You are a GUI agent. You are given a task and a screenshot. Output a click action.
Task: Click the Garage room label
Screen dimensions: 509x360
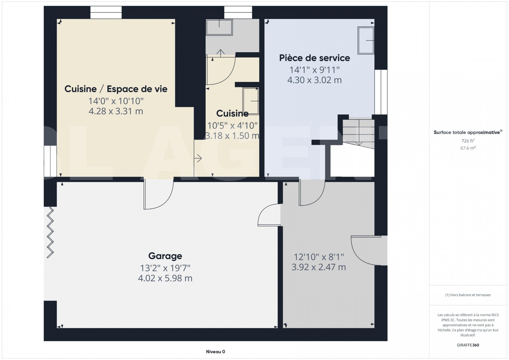click(x=165, y=256)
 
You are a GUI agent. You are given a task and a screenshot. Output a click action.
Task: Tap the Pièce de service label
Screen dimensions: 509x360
click(x=315, y=58)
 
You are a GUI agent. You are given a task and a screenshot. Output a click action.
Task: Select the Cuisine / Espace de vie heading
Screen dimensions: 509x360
click(x=116, y=89)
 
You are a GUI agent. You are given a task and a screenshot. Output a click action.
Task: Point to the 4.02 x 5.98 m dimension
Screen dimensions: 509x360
click(x=165, y=278)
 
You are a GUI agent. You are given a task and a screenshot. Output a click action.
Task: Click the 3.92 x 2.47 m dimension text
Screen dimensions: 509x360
click(x=319, y=267)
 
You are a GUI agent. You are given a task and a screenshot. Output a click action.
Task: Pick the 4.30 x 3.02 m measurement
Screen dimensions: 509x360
click(x=315, y=80)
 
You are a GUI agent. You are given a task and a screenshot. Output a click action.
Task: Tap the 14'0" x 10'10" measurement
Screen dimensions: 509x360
click(x=116, y=101)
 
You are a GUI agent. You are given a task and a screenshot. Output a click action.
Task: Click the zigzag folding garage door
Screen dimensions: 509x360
click(x=50, y=232)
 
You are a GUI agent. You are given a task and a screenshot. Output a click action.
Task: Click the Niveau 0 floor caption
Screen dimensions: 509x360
click(x=215, y=352)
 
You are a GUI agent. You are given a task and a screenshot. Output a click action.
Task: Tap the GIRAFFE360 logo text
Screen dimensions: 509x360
click(x=468, y=345)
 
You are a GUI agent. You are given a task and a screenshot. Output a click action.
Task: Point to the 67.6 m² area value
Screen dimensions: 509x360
click(x=468, y=148)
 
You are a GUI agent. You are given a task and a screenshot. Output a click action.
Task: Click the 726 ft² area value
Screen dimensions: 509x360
click(x=468, y=141)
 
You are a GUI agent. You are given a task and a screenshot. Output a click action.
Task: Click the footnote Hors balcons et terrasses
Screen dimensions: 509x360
click(x=468, y=295)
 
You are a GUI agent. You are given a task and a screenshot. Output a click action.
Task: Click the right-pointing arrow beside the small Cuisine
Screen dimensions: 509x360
click(x=198, y=158)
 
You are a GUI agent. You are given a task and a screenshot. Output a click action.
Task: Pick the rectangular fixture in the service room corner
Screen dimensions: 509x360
click(x=366, y=40)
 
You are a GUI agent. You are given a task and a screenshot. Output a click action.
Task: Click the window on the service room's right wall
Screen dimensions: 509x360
click(x=381, y=92)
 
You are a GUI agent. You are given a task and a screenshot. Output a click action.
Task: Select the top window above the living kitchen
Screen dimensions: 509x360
click(x=106, y=13)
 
